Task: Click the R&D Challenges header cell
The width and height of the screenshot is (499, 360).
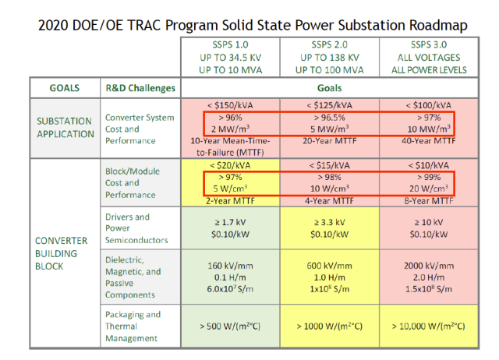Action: click(x=140, y=88)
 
